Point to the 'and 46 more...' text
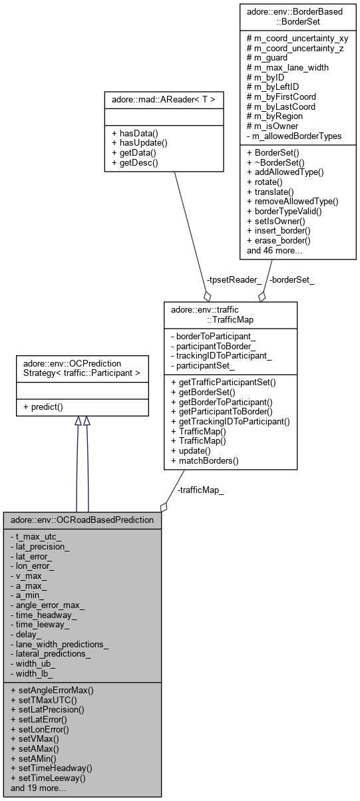click(275, 251)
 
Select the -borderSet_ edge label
click(291, 280)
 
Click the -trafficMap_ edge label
click(201, 491)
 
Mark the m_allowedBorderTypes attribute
click(291, 136)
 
